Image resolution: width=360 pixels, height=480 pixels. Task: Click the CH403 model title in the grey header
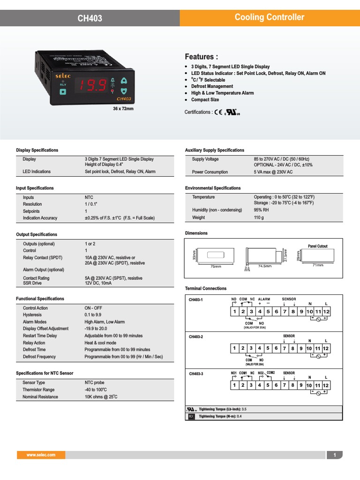[x=90, y=18]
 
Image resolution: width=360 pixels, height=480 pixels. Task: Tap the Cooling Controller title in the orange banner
[x=269, y=17]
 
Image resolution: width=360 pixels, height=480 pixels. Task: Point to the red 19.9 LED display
[x=91, y=84]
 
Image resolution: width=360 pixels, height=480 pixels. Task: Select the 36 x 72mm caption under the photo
[x=123, y=109]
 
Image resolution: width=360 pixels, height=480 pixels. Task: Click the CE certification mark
[x=218, y=112]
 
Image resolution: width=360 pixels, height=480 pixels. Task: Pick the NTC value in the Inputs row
[x=89, y=197]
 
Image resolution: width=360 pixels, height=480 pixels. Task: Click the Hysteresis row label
[x=32, y=315]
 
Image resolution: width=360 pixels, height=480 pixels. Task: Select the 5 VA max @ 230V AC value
[x=273, y=172]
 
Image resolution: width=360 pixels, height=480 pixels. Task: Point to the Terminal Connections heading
[x=206, y=289]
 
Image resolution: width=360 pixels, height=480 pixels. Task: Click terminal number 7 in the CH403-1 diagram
[x=285, y=312]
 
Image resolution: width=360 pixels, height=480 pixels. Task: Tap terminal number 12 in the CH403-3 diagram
[x=326, y=385]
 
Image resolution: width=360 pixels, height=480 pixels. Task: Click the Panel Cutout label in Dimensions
[x=317, y=246]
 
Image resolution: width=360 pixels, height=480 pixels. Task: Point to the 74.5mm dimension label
[x=265, y=266]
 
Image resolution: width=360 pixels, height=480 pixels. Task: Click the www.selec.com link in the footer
[x=41, y=455]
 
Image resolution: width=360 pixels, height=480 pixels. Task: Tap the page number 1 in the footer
[x=335, y=455]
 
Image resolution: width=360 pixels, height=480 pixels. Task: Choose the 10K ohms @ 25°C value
[x=101, y=397]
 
